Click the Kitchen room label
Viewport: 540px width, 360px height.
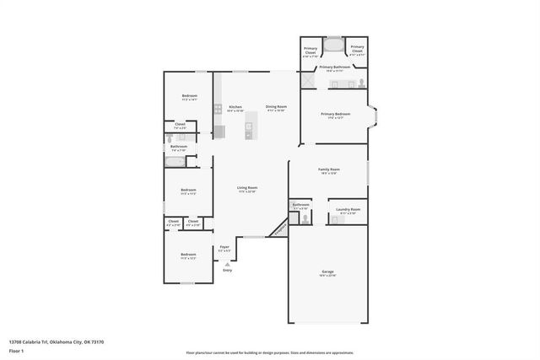tap(235, 107)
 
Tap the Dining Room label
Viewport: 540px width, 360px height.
tap(276, 107)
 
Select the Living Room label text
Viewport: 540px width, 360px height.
tap(247, 188)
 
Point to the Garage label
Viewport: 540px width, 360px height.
tap(327, 272)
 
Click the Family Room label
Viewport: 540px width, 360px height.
tap(328, 170)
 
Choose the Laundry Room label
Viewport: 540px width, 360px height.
tap(348, 210)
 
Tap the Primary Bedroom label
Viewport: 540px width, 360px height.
tap(335, 114)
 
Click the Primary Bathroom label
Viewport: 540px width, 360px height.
tap(334, 67)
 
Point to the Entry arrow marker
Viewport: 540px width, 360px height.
tap(227, 264)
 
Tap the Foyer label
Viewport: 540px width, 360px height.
tap(224, 248)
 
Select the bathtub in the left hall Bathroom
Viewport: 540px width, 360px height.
tap(176, 161)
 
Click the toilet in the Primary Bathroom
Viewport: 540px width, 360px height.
tap(362, 83)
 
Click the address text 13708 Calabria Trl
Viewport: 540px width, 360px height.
tap(56, 341)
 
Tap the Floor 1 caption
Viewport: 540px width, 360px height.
tap(16, 349)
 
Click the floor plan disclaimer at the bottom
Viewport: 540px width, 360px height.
tap(269, 352)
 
